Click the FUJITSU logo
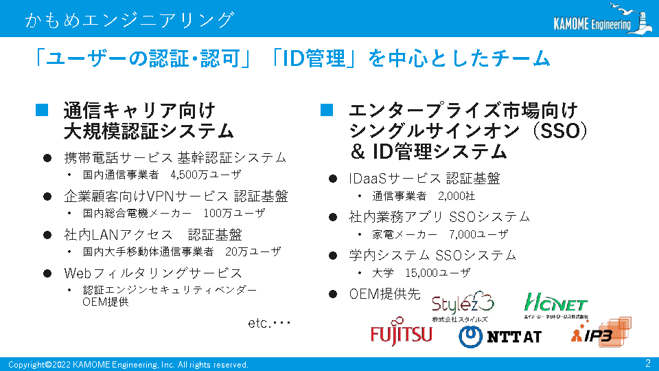point(401,333)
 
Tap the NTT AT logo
point(500,337)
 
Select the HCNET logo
point(555,306)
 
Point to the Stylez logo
point(462,306)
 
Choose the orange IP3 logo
point(601,332)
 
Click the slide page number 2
point(647,363)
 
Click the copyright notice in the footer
point(128,365)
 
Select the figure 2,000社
point(456,196)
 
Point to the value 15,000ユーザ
point(437,273)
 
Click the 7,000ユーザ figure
point(478,234)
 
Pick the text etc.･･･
point(269,323)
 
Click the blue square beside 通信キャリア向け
point(42,110)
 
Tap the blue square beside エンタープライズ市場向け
point(327,110)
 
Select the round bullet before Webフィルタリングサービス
point(47,273)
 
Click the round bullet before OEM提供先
point(333,294)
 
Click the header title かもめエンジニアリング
point(129,20)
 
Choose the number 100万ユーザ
point(235,213)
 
